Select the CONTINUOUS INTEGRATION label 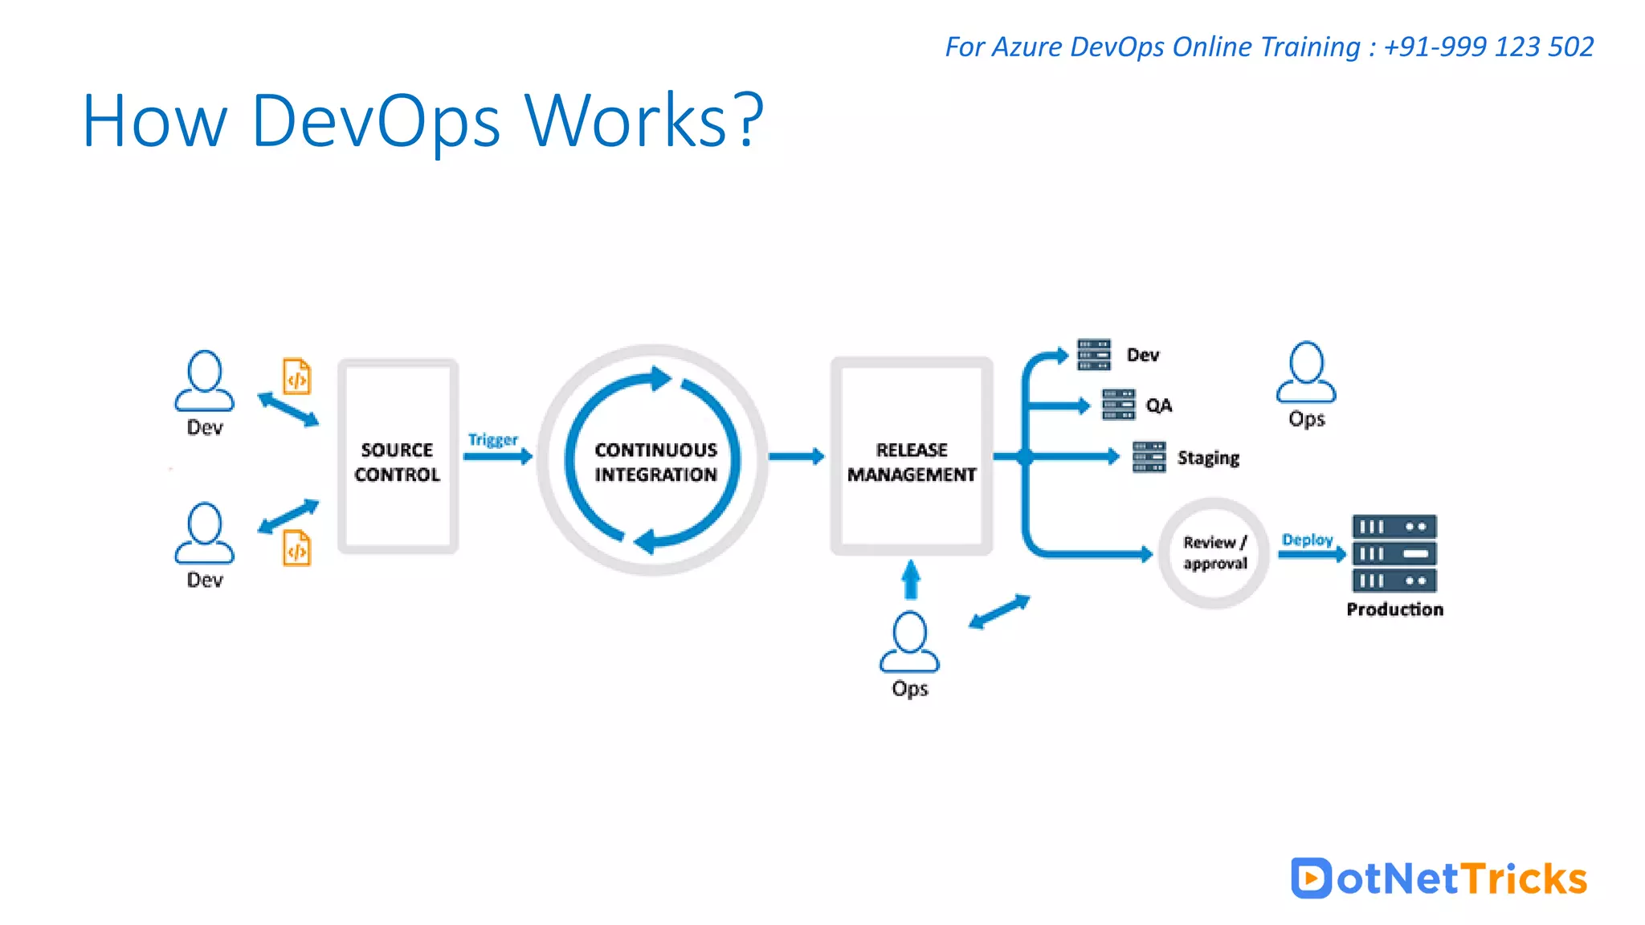[655, 462]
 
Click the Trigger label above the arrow [492, 440]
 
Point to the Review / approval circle [1214, 552]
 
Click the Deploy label [1307, 540]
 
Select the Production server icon [1394, 553]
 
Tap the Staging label [1208, 458]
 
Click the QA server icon [1118, 405]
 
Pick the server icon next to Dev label [1094, 354]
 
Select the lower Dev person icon [205, 533]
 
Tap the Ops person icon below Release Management [909, 642]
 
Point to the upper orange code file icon [296, 377]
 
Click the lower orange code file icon [296, 548]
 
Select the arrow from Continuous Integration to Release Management [796, 457]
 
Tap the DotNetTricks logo [1439, 878]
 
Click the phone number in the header [1488, 47]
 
